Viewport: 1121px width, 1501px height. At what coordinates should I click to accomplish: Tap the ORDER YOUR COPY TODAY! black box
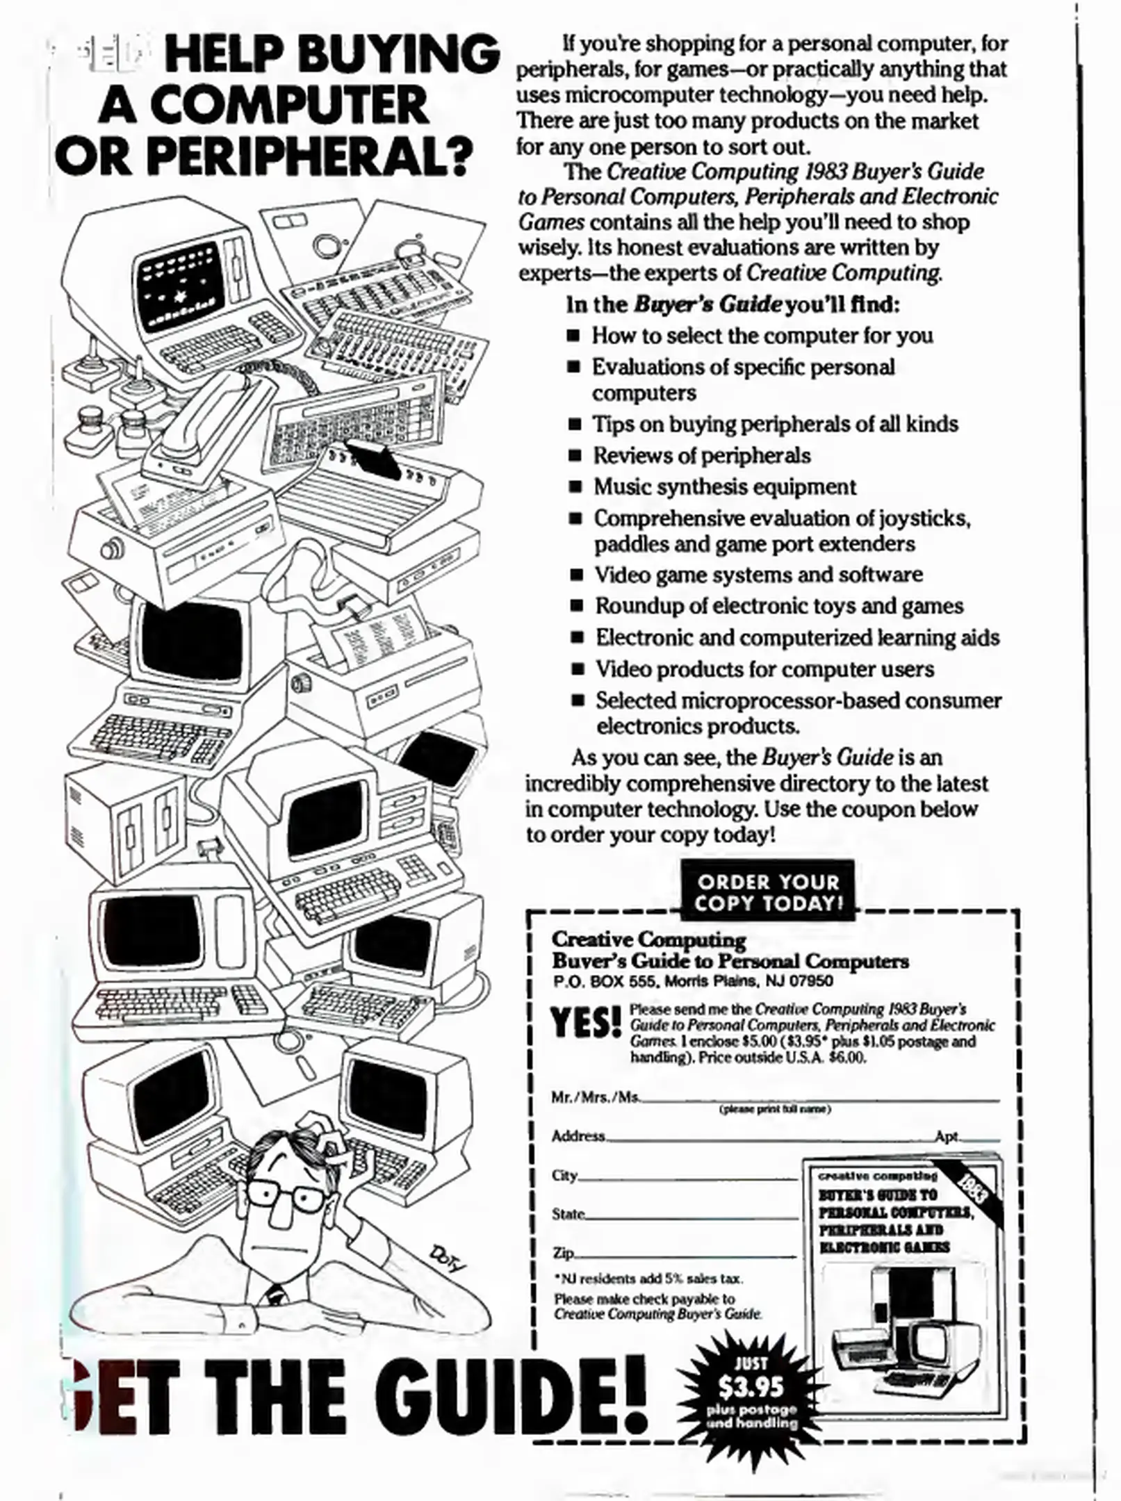[767, 892]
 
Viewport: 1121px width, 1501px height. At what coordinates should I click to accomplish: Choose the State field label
[568, 1214]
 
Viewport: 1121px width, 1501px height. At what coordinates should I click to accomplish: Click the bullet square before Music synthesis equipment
[575, 487]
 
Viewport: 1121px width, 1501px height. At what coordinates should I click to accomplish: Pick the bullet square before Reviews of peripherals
[574, 456]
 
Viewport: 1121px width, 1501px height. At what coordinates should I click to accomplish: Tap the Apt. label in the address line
[947, 1136]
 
